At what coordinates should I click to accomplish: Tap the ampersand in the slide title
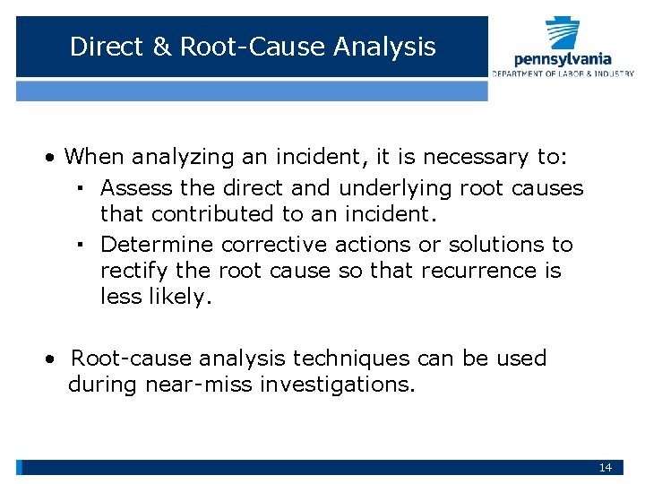[x=161, y=47]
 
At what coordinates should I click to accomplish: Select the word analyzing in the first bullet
[x=182, y=158]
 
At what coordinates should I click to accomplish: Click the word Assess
[x=137, y=188]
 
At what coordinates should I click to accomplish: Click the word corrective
[x=275, y=245]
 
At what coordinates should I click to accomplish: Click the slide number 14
[x=606, y=468]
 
